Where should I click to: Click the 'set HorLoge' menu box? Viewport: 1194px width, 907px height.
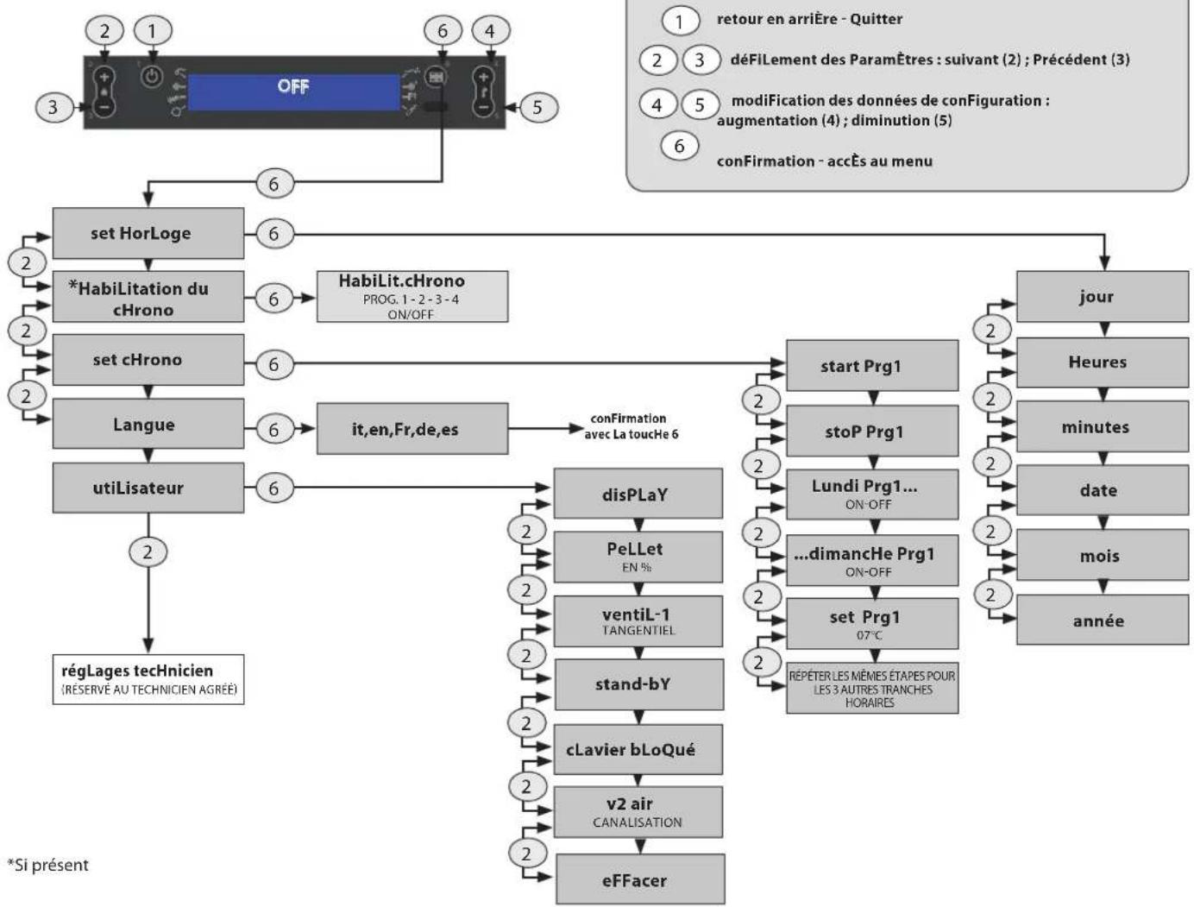coord(148,233)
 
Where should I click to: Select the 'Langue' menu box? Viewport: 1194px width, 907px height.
coord(148,424)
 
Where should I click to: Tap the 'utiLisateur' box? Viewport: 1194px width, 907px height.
coord(148,488)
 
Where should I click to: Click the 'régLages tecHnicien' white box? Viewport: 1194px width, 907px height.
coord(148,679)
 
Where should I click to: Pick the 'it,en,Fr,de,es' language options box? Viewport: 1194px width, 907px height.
coord(412,429)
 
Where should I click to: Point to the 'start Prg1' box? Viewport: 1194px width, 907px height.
coord(872,366)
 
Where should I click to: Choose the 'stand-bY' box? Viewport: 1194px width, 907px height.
coord(638,684)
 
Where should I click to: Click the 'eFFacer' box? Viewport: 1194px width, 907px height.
coord(640,879)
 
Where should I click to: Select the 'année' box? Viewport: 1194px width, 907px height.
coord(1102,620)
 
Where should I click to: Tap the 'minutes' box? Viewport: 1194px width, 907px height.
coord(1102,426)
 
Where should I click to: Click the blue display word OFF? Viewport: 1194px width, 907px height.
coord(293,86)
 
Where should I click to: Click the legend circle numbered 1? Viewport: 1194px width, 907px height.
coord(680,22)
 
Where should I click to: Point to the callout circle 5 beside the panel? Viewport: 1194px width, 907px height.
coord(538,107)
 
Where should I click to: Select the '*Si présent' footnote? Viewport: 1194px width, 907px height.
coord(47,865)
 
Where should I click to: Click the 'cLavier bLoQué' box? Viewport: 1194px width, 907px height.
coord(638,749)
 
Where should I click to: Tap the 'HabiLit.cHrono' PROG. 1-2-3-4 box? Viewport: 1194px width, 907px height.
coord(412,297)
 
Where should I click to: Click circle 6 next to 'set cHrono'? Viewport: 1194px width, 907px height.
coord(274,364)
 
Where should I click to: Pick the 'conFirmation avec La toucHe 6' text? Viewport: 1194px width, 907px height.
coord(631,426)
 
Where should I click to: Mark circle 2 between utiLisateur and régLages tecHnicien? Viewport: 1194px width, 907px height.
coord(148,552)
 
